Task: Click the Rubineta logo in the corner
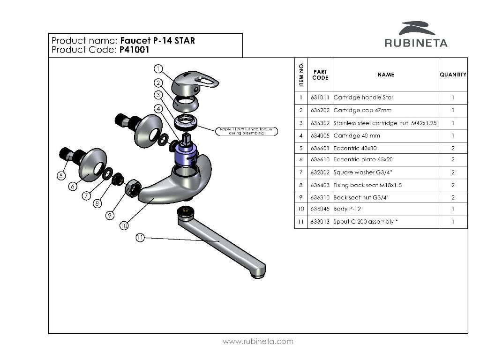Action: tap(416, 35)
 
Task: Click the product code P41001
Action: tap(134, 50)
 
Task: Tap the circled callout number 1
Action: tap(158, 68)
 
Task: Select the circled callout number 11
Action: tap(140, 238)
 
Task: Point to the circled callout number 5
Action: tap(61, 176)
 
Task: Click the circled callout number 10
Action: tap(124, 226)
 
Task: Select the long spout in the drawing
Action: tap(220, 244)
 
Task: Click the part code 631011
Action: tap(320, 97)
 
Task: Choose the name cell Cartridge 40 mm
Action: tap(356, 136)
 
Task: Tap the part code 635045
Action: tap(320, 209)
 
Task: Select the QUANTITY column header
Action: tap(453, 75)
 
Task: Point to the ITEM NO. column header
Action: tap(301, 75)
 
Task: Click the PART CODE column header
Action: tap(320, 75)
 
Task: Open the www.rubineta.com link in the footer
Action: tap(258, 341)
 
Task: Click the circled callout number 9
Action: tap(110, 216)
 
